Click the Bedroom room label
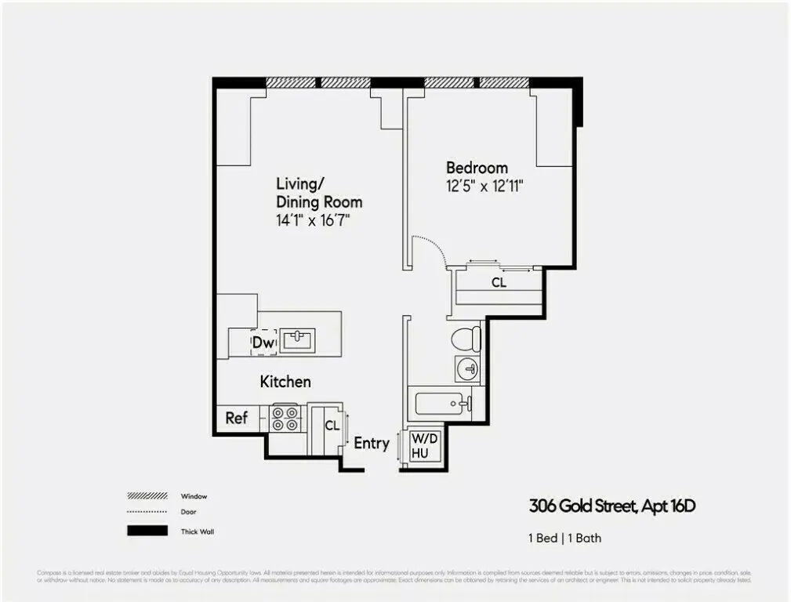(477, 168)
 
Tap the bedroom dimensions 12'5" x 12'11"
(484, 187)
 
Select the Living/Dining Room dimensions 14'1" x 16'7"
(312, 220)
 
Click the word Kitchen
(285, 382)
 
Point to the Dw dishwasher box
(263, 343)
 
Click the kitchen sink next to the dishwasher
(298, 340)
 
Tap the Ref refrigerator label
(236, 418)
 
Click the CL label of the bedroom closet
(499, 283)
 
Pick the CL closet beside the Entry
(332, 426)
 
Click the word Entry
(371, 443)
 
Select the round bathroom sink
(467, 368)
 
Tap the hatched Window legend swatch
(147, 496)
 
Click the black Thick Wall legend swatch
(147, 531)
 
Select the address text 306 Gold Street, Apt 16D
(611, 506)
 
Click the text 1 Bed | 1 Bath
(564, 539)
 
